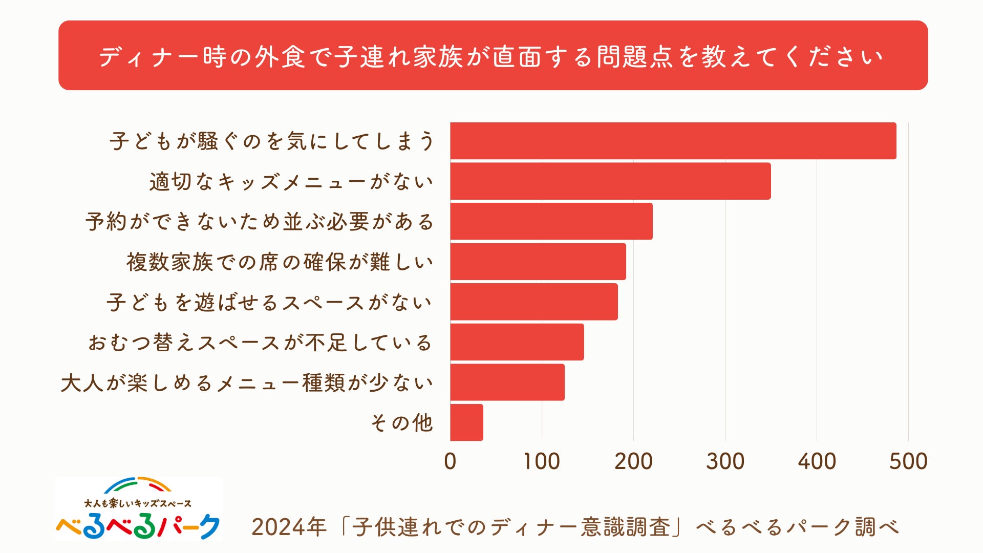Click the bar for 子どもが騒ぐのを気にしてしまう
pyautogui.click(x=673, y=141)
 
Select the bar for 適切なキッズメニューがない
pyautogui.click(x=610, y=181)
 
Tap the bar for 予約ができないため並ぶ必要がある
pyautogui.click(x=551, y=221)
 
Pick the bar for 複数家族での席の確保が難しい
pyautogui.click(x=538, y=262)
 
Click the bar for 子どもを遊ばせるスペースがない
pyautogui.click(x=534, y=302)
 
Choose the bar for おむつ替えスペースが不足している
pyautogui.click(x=517, y=342)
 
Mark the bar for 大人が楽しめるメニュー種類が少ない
pyautogui.click(x=507, y=382)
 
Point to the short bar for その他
pyautogui.click(x=466, y=422)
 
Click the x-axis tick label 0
pyautogui.click(x=450, y=461)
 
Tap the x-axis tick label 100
pyautogui.click(x=541, y=461)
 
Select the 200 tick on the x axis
pyautogui.click(x=633, y=461)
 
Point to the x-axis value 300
pyautogui.click(x=725, y=461)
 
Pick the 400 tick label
pyautogui.click(x=817, y=461)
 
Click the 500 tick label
pyautogui.click(x=908, y=461)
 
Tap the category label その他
pyautogui.click(x=402, y=423)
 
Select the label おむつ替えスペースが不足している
pyautogui.click(x=261, y=343)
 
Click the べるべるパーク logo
pyautogui.click(x=139, y=509)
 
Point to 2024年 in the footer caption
pyautogui.click(x=289, y=527)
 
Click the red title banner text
pyautogui.click(x=491, y=56)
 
